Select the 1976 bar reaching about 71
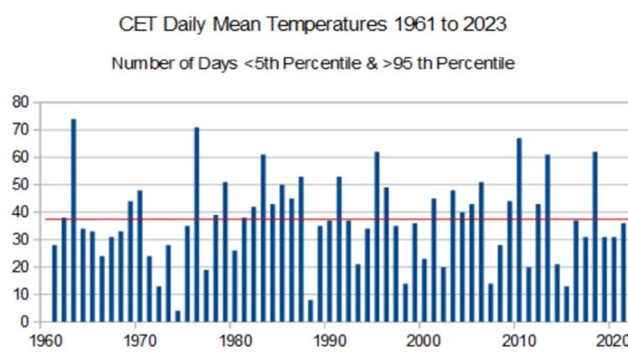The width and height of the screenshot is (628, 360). pos(197,225)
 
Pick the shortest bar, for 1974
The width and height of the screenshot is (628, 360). pos(178,316)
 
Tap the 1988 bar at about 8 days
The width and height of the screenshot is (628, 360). pos(311,311)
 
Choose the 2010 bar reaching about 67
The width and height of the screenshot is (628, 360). pos(519,230)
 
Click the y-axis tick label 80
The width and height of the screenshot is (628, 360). pos(20,102)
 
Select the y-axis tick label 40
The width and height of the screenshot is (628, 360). pos(20,212)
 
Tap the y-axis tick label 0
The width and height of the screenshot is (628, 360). pos(25,321)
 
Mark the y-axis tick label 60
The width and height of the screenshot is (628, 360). pos(20,157)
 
